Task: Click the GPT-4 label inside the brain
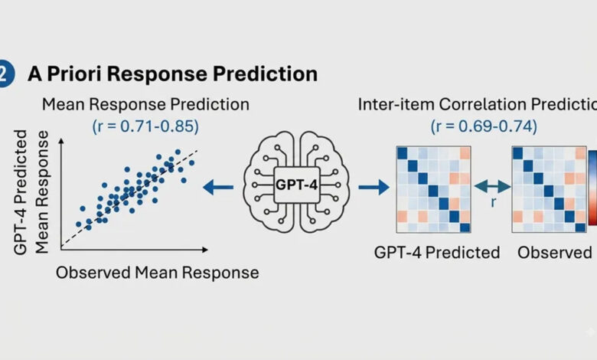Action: click(x=296, y=185)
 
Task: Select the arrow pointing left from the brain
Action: click(x=218, y=187)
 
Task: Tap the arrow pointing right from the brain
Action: click(x=374, y=187)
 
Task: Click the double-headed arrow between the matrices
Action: click(x=492, y=186)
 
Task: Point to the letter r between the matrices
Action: click(x=493, y=202)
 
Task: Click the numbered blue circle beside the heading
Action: click(x=5, y=74)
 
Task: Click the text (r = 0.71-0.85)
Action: click(x=145, y=126)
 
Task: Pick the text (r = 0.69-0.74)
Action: click(x=484, y=126)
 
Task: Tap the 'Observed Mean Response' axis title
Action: click(x=157, y=273)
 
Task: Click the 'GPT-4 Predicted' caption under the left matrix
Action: click(x=437, y=252)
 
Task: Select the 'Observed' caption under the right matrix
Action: click(x=554, y=252)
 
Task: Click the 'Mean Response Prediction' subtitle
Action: click(x=145, y=104)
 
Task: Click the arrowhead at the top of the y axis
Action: click(x=61, y=141)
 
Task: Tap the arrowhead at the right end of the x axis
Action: click(x=205, y=250)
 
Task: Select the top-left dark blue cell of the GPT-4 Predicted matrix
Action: click(x=402, y=153)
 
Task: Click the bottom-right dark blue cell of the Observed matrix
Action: click(x=580, y=227)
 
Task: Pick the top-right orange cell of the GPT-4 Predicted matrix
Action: click(x=465, y=153)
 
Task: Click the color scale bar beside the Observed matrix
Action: click(x=593, y=188)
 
